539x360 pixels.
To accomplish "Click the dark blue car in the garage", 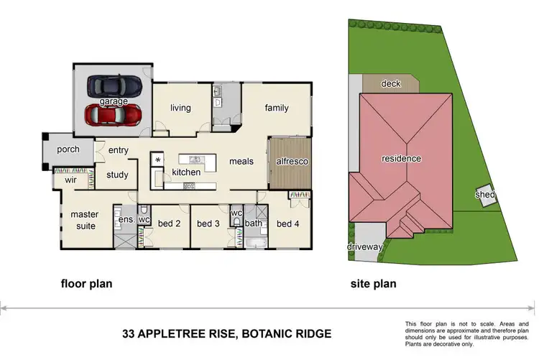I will [x=113, y=86].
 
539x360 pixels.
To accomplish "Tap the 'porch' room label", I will [x=68, y=150].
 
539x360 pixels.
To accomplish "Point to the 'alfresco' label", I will [x=292, y=162].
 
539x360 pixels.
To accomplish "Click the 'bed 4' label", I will [x=287, y=224].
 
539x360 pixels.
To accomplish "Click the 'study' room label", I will [x=117, y=175].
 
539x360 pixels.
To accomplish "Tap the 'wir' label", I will [x=70, y=180].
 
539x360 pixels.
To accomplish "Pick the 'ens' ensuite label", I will [x=126, y=219].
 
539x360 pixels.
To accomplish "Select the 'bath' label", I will [x=252, y=223].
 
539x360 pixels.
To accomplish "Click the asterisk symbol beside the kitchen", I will [x=158, y=159].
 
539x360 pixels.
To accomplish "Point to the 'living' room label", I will [x=180, y=109].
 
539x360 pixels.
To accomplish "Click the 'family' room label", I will [x=277, y=109].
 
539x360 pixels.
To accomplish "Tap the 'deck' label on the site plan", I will [x=390, y=83].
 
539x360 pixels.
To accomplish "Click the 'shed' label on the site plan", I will [x=485, y=195].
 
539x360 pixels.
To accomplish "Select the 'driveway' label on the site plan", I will [x=366, y=246].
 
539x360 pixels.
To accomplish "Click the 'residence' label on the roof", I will [x=401, y=158].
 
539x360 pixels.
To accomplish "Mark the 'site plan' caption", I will [x=372, y=284].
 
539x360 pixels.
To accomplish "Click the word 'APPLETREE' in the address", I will [x=185, y=334].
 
